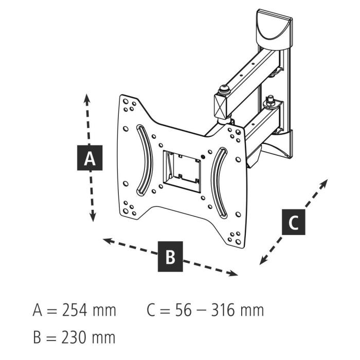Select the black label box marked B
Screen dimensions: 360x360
170,255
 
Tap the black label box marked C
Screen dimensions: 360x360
293,222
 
